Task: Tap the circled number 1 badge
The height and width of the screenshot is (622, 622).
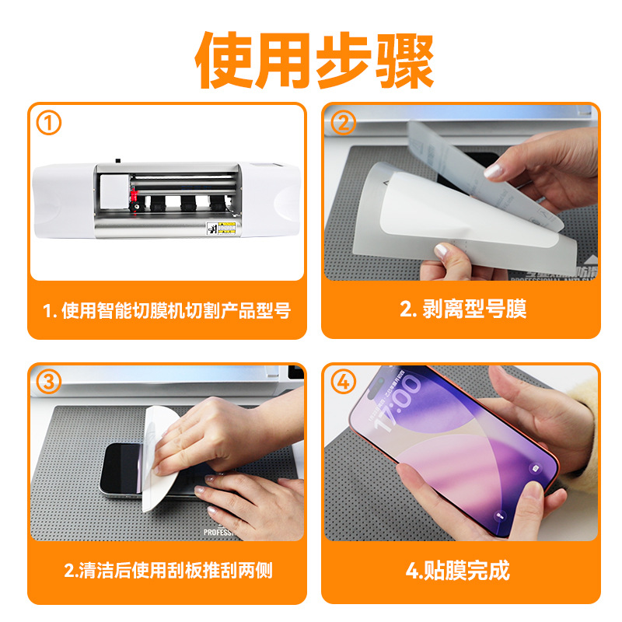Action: (x=49, y=123)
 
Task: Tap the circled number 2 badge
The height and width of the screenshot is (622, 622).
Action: (x=344, y=123)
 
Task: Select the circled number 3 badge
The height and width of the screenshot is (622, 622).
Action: (x=49, y=382)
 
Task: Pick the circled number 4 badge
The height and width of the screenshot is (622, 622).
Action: (x=344, y=382)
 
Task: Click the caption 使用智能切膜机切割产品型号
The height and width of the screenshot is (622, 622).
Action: (x=167, y=310)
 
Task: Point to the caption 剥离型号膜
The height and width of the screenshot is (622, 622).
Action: (x=463, y=309)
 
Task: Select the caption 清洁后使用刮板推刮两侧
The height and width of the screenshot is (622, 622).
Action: (x=167, y=570)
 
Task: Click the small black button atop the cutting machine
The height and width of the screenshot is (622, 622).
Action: (x=117, y=162)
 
